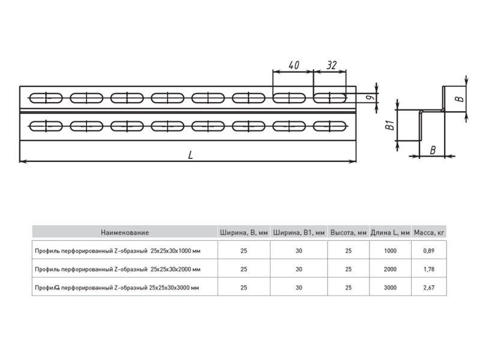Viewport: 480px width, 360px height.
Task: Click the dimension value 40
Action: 294,65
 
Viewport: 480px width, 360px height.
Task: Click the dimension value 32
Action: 332,65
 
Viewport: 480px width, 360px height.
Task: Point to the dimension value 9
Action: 370,97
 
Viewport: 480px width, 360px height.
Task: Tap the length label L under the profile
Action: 190,155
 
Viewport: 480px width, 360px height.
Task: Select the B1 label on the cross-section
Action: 390,125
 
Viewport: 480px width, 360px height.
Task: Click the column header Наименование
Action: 125,233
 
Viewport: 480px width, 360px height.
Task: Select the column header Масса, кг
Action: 429,233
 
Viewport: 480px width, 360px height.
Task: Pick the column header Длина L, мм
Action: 390,233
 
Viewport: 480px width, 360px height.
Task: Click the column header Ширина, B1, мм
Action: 299,233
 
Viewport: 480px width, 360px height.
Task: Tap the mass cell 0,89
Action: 429,251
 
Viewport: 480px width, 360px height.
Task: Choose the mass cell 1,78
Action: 429,269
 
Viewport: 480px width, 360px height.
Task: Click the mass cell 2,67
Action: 429,287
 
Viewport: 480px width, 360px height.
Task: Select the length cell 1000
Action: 390,251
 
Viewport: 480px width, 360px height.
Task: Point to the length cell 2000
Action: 390,269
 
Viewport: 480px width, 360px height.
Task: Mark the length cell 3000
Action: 390,287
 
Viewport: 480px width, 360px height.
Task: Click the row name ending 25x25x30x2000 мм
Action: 118,269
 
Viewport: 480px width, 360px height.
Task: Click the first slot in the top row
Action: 46,98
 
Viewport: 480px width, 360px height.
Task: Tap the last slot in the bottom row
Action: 329,126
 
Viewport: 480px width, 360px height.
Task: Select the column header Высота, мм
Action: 349,233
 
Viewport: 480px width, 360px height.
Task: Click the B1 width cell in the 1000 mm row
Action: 299,251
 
